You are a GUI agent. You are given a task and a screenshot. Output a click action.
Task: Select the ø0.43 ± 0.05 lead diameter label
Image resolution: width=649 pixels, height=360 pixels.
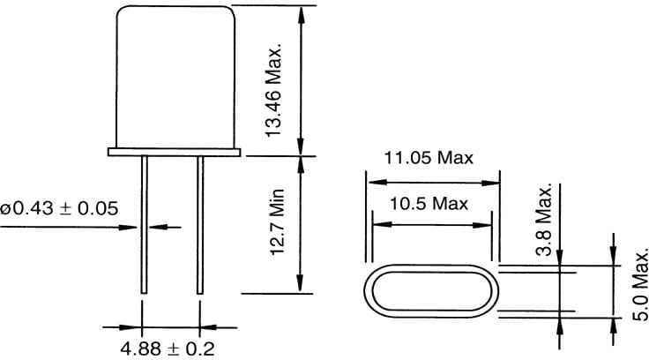[61, 208]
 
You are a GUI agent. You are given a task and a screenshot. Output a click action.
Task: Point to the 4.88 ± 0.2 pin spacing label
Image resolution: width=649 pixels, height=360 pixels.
[168, 347]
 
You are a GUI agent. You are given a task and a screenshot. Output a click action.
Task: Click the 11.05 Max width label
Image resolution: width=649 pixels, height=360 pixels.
[429, 159]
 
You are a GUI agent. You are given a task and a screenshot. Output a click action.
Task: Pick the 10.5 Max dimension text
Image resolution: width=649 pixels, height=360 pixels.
[429, 204]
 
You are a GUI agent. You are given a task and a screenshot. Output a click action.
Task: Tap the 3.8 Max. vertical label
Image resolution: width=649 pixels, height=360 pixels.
[544, 221]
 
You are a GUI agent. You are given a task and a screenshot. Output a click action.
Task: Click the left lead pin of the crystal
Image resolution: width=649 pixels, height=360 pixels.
[144, 225]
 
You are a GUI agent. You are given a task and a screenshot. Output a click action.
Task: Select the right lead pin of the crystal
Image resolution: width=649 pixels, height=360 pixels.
[200, 225]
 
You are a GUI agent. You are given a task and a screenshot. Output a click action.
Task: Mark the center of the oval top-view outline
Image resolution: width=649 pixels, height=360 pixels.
[430, 290]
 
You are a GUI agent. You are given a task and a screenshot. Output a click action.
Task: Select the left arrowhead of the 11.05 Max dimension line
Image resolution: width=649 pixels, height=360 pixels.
[372, 183]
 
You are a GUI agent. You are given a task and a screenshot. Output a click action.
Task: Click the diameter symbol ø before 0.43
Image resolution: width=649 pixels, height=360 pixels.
[6, 209]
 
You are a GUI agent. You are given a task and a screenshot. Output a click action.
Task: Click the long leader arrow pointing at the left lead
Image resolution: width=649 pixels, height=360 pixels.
[71, 228]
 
